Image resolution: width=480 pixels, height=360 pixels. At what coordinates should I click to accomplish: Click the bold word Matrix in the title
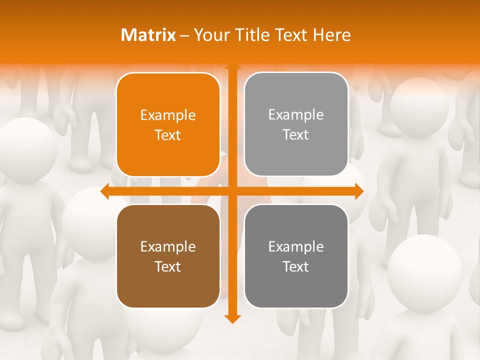tap(148, 35)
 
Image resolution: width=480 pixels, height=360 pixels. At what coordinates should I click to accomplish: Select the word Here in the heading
tap(332, 35)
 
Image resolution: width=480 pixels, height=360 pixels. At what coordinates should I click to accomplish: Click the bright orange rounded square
tap(168, 124)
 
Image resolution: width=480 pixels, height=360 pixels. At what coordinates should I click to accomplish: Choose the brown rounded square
tap(168, 256)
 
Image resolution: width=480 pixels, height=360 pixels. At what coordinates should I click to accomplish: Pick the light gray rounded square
tap(296, 124)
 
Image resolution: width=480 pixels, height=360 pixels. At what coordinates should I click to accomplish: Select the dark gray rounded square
tap(296, 256)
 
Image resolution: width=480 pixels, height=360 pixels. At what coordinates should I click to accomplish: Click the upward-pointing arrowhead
tap(232, 66)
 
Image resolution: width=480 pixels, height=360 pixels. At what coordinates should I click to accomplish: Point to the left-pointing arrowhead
tap(105, 191)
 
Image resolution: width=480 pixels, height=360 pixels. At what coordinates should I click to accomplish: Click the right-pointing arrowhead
tap(359, 191)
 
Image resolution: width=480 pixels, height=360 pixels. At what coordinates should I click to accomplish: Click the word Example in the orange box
tap(168, 115)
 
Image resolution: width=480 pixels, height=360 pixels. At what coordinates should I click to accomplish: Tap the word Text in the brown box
tap(168, 266)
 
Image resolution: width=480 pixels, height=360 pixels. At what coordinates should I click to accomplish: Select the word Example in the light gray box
tap(296, 115)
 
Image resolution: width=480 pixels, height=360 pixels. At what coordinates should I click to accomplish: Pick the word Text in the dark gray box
tap(296, 266)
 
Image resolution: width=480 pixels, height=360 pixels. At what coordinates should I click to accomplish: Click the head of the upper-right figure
tap(419, 104)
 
